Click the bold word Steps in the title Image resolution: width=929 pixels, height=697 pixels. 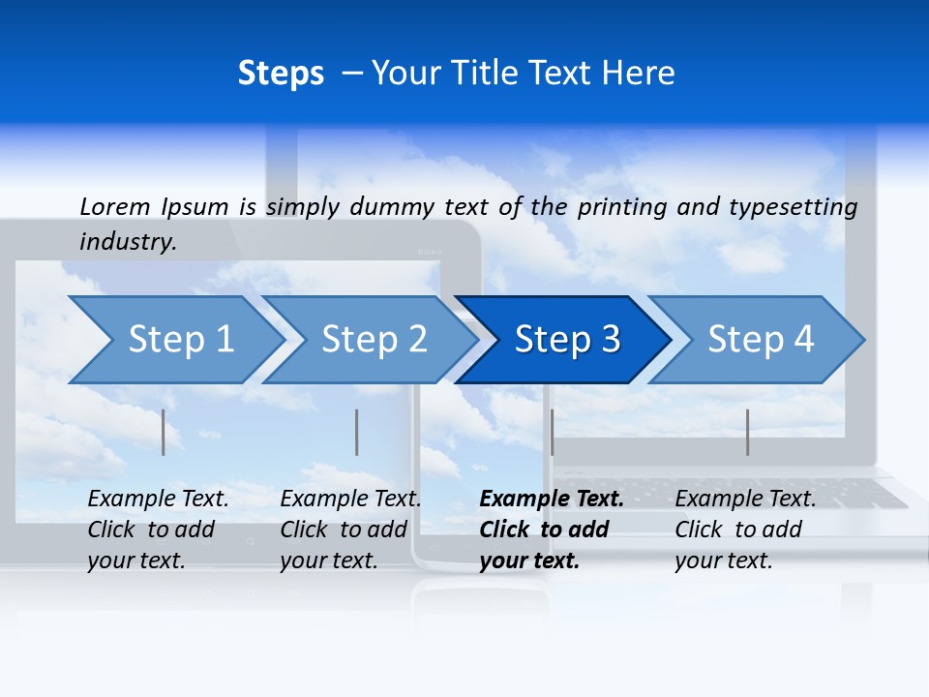(x=281, y=74)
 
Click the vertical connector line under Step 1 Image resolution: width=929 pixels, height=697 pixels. (x=164, y=432)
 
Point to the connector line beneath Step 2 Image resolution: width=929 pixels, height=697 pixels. (x=357, y=432)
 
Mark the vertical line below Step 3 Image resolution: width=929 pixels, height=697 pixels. (x=552, y=432)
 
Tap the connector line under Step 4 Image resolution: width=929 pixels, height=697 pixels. (x=747, y=432)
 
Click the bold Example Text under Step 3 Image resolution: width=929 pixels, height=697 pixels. (x=552, y=500)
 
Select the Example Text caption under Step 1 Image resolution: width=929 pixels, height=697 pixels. (x=159, y=500)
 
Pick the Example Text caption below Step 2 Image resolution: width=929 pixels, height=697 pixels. (x=350, y=500)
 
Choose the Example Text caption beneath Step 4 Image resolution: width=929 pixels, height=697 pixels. (x=745, y=500)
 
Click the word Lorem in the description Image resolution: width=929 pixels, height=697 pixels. (x=114, y=206)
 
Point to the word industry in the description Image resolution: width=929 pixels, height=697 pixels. (x=127, y=242)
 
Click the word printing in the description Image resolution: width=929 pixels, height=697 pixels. (x=622, y=206)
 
